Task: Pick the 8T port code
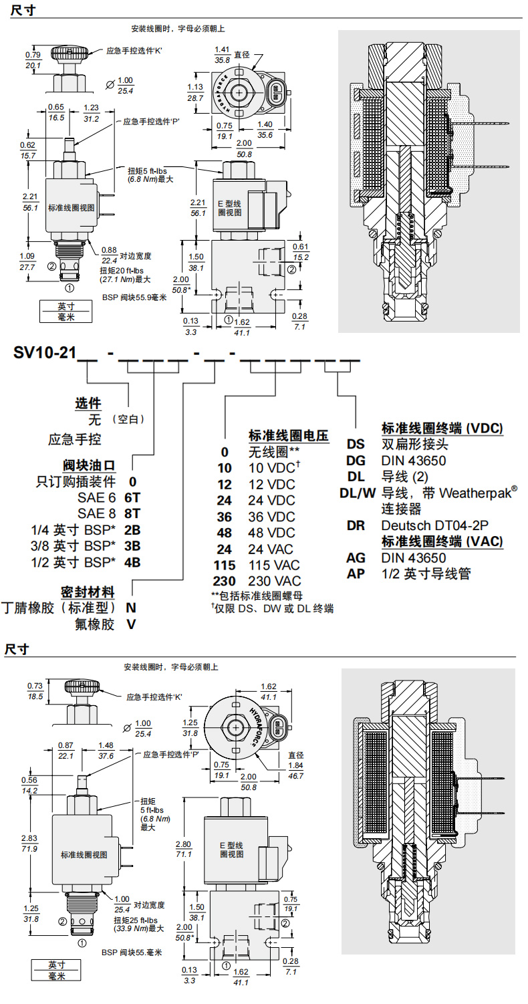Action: point(133,513)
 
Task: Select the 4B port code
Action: point(133,561)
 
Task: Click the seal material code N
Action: point(132,608)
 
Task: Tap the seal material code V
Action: point(132,624)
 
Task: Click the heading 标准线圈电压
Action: point(288,436)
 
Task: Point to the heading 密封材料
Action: point(87,592)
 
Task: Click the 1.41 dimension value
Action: point(222,50)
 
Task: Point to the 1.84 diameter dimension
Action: point(295,765)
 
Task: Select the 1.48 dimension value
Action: point(106,745)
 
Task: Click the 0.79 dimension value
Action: point(33,55)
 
